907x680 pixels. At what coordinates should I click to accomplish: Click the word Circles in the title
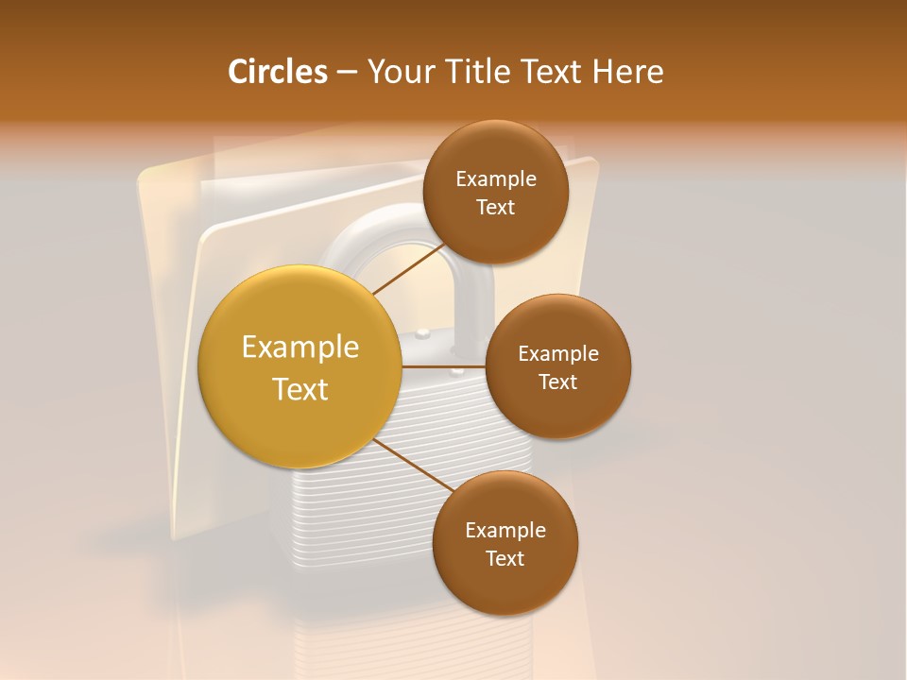[277, 72]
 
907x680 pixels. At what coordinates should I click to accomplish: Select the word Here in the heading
[627, 72]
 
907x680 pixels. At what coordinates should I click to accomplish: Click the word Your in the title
[400, 72]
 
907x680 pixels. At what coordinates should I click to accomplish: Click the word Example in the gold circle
[299, 348]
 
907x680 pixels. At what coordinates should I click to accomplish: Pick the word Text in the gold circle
[299, 389]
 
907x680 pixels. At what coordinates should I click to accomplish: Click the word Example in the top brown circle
[496, 178]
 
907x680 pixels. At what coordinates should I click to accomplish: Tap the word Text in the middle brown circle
[558, 382]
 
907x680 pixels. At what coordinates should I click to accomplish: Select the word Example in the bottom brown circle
[505, 530]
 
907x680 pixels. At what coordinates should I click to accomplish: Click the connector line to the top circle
[408, 269]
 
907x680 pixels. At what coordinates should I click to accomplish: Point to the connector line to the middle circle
[444, 365]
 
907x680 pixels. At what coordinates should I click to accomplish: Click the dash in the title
[347, 72]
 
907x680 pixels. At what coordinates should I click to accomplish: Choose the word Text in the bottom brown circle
[505, 558]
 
